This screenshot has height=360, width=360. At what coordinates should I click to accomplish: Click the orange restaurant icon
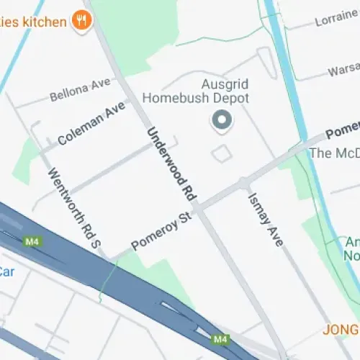pyautogui.click(x=82, y=20)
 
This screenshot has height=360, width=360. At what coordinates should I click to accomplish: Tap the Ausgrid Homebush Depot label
pyautogui.click(x=195, y=91)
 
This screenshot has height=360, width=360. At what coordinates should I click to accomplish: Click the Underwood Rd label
pyautogui.click(x=171, y=163)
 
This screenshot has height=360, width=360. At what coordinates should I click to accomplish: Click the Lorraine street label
pyautogui.click(x=336, y=19)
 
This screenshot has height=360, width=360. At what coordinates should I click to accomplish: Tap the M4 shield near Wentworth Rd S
pyautogui.click(x=32, y=240)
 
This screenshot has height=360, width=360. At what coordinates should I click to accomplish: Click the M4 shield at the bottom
pyautogui.click(x=220, y=338)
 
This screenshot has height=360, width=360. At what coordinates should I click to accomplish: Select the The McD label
pyautogui.click(x=333, y=153)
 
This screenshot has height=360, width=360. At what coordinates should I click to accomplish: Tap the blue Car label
pyautogui.click(x=6, y=271)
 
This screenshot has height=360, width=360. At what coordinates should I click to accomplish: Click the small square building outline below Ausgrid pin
pyautogui.click(x=222, y=153)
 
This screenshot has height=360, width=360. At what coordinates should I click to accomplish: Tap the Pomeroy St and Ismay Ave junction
pyautogui.click(x=245, y=183)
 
